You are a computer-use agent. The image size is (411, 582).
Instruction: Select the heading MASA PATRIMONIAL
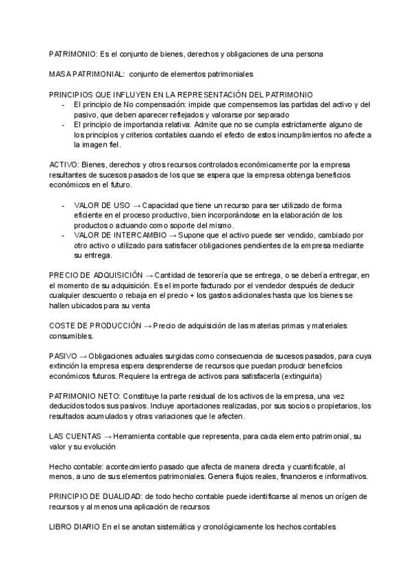86,73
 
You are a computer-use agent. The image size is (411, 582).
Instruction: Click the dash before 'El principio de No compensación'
63,104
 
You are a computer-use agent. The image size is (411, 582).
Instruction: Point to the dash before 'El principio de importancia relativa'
63,125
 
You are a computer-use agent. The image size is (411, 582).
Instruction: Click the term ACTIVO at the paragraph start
64,165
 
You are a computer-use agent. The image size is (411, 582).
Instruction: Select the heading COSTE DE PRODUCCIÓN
95,325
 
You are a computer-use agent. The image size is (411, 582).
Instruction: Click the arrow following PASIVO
83,356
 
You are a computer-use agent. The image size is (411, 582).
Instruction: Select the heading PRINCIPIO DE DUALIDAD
101,497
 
